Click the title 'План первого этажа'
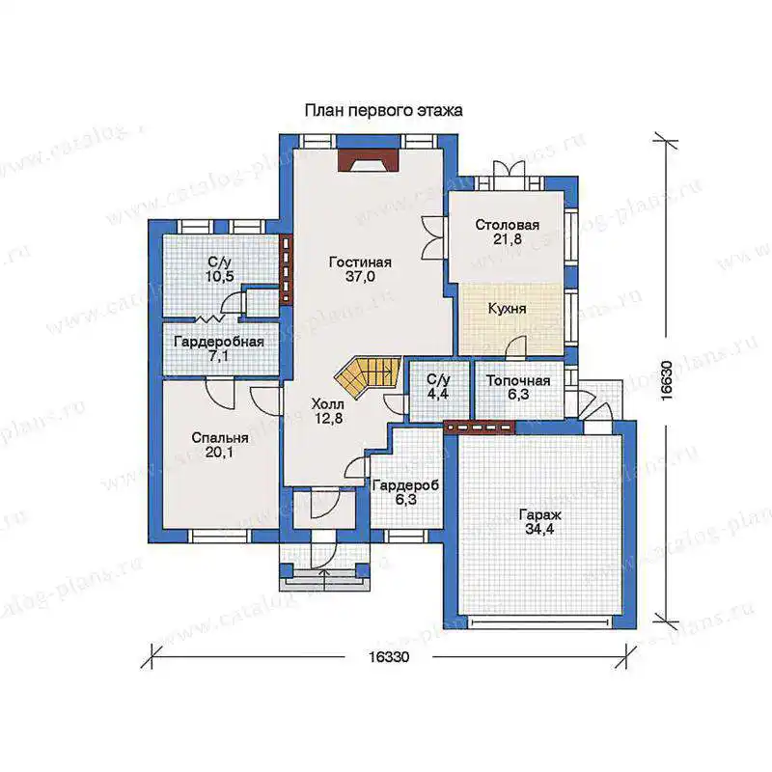click(x=383, y=111)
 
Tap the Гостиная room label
click(x=360, y=262)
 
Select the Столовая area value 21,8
click(x=508, y=239)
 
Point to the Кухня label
click(x=508, y=309)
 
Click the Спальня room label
click(x=220, y=438)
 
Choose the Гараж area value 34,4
click(x=539, y=529)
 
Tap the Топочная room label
click(x=518, y=381)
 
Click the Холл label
click(x=328, y=404)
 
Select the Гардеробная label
click(x=219, y=343)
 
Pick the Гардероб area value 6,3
click(x=405, y=500)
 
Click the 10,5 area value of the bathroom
click(x=220, y=276)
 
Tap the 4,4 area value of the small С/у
click(x=438, y=394)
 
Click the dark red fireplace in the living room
click(x=369, y=159)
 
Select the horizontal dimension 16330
click(x=389, y=657)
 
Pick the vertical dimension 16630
click(x=666, y=380)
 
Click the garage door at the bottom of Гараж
click(x=539, y=622)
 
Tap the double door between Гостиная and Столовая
click(x=434, y=237)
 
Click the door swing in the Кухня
click(x=515, y=345)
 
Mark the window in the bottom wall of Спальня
click(x=221, y=536)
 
